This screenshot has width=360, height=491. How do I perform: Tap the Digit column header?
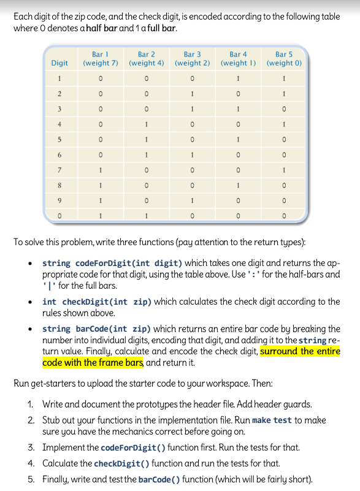(59, 63)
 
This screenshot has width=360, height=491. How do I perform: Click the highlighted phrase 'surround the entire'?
(300, 351)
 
